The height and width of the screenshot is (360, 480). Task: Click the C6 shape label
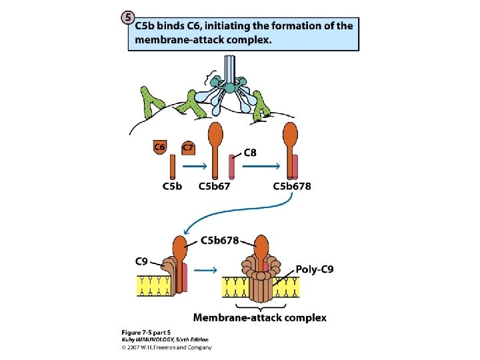point(160,147)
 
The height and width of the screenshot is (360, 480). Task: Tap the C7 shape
point(189,147)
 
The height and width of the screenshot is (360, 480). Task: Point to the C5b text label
point(172,186)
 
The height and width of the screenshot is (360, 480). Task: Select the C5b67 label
point(215,186)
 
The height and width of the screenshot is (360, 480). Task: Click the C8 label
point(250,153)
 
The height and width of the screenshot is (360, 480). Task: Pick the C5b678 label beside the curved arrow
point(220,240)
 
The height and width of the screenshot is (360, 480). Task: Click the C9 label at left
point(142,261)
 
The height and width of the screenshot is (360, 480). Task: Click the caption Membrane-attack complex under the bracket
point(260,317)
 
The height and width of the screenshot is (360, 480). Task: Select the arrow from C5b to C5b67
point(193,167)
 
